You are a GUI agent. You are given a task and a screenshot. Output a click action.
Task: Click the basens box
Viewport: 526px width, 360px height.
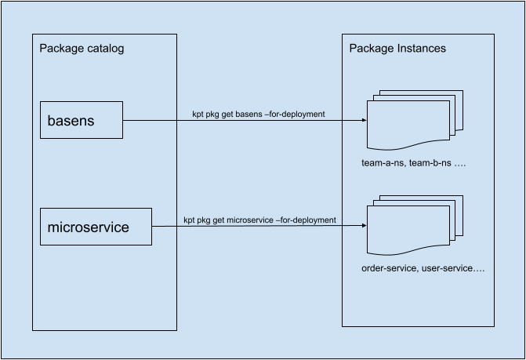click(x=82, y=120)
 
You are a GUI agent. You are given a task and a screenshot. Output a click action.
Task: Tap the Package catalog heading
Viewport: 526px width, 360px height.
click(x=82, y=49)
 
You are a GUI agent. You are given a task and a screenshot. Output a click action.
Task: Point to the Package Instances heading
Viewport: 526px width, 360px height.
click(x=397, y=49)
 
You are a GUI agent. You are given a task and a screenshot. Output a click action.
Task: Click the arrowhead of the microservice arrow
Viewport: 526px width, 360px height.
click(x=363, y=227)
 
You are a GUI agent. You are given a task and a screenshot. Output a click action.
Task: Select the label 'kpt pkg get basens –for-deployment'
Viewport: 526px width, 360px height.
click(x=258, y=115)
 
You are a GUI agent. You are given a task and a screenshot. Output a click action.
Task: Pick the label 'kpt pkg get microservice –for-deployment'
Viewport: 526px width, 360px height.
click(x=259, y=220)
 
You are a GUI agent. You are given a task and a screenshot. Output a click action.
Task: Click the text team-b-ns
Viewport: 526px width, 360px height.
click(x=426, y=165)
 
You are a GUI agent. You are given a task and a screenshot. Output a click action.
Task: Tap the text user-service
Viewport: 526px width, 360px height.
click(x=452, y=268)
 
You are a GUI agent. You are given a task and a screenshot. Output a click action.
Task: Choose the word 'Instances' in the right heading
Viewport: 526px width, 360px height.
click(x=420, y=49)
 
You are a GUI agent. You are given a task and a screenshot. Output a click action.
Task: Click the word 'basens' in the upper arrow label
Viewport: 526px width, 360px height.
click(x=245, y=115)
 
